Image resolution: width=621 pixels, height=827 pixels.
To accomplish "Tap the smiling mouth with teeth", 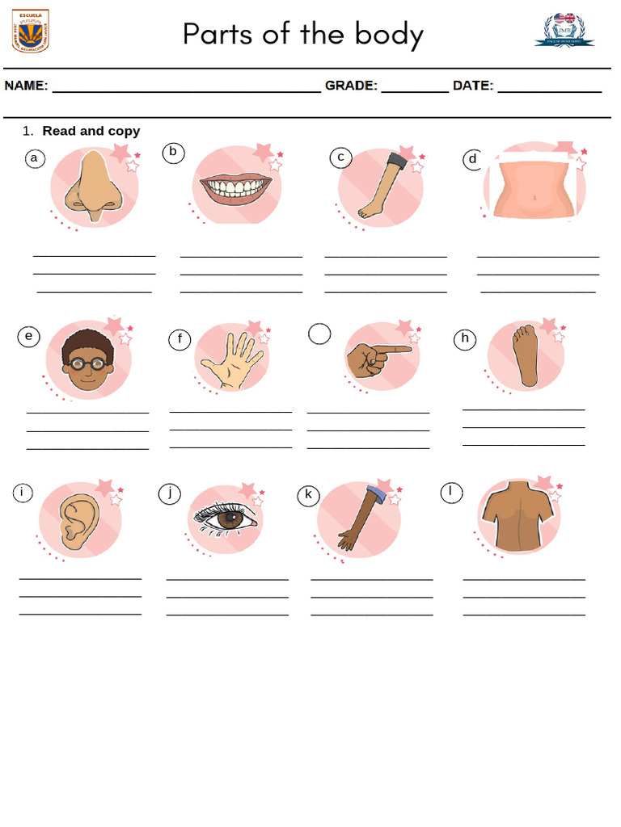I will [236, 187].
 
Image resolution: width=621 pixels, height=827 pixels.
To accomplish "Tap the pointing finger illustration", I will [377, 356].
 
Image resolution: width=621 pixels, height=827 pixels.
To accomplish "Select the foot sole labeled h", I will [527, 355].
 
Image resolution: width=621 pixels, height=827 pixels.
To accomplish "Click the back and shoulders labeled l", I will [518, 517].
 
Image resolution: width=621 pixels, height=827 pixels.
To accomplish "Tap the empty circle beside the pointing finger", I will [319, 334].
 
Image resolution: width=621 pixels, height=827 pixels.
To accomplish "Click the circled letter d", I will [472, 159].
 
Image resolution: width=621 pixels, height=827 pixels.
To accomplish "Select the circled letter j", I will [169, 493].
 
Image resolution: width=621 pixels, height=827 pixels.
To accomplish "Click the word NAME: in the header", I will [27, 86].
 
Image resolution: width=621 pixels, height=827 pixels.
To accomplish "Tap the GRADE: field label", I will [351, 86].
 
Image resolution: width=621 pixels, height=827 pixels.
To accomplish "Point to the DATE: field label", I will [472, 86].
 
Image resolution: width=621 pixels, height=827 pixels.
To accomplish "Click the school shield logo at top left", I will [31, 31].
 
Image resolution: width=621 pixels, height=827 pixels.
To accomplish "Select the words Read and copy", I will [91, 131].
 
